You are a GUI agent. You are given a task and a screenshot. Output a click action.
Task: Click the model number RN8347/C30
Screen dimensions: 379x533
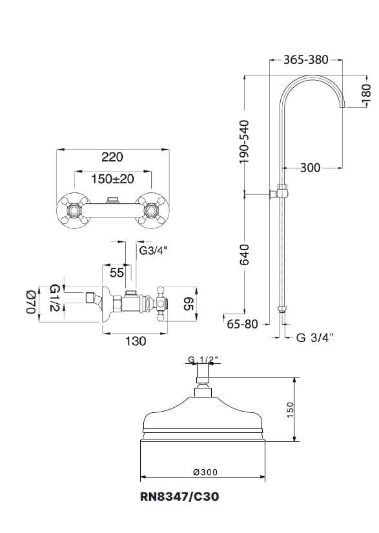click(179, 497)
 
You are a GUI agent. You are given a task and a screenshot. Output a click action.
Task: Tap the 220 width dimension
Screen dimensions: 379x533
click(112, 157)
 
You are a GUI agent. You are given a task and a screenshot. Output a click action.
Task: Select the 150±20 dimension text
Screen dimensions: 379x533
click(112, 179)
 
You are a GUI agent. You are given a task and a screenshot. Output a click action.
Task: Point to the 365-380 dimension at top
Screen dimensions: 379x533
click(306, 60)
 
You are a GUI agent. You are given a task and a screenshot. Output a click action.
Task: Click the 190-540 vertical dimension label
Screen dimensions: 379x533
click(244, 141)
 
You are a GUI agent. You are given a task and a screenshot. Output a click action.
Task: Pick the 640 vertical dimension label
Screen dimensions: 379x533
click(244, 255)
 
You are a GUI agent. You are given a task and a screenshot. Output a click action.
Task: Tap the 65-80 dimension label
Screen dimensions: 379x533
click(243, 325)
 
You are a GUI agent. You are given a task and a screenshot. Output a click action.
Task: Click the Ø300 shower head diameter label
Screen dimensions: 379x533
click(205, 472)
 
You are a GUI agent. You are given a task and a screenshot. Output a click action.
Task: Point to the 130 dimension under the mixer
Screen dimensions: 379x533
click(136, 341)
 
